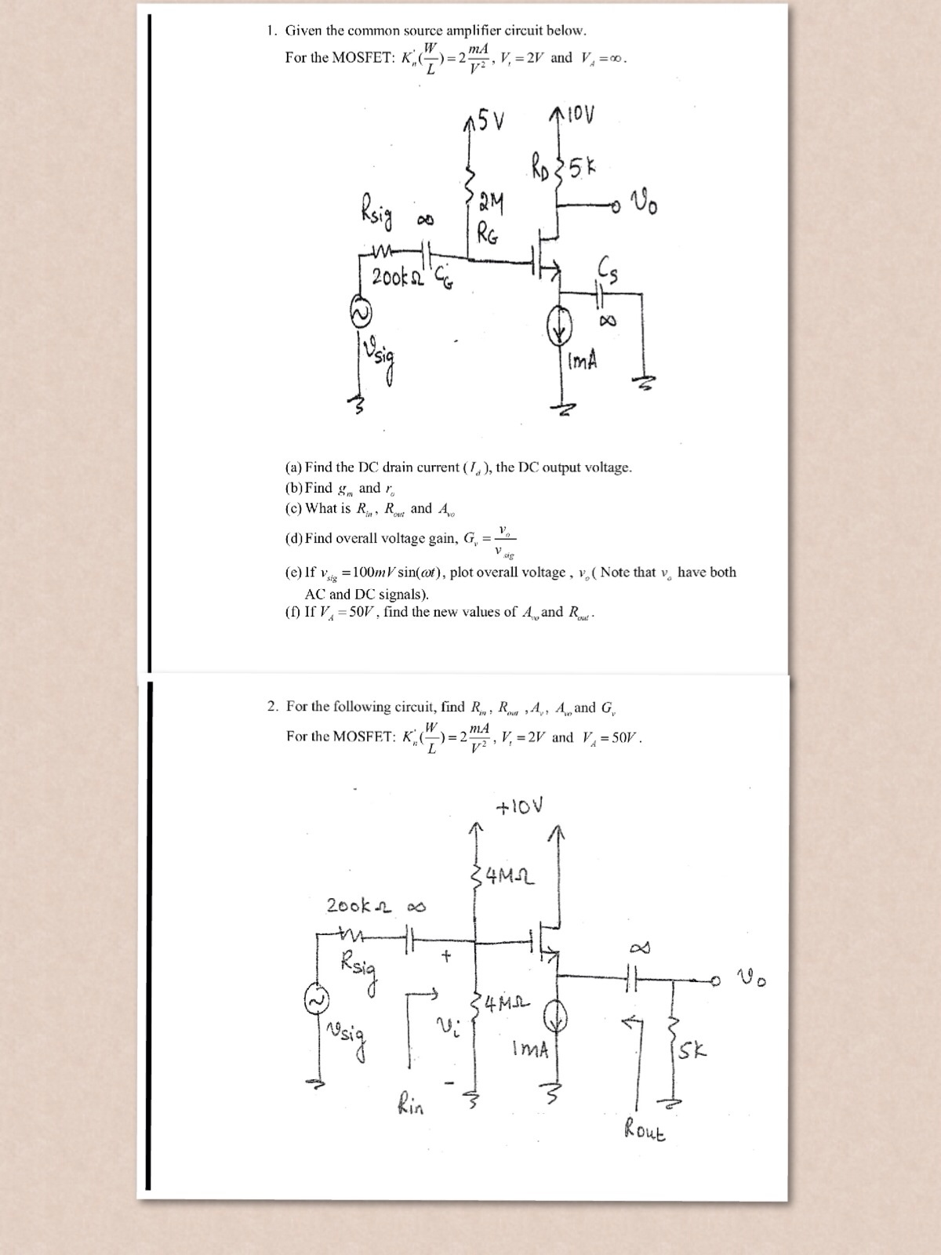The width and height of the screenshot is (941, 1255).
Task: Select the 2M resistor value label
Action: tap(492, 206)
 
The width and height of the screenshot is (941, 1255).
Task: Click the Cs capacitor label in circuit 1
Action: tap(609, 271)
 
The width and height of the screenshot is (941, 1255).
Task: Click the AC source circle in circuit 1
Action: tap(362, 314)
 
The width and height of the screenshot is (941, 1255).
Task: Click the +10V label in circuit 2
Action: tap(519, 806)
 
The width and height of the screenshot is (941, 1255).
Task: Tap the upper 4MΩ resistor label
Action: tap(510, 874)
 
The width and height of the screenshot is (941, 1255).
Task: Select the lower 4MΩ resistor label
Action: tap(508, 1003)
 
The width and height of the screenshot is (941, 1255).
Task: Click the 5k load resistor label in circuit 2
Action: tap(693, 1050)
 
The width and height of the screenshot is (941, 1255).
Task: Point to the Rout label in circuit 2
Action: tap(645, 1131)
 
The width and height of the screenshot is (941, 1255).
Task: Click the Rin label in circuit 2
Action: tap(410, 1105)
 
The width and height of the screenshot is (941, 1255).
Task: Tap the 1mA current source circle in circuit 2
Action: tap(556, 1018)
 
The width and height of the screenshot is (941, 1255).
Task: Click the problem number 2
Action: tap(272, 707)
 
